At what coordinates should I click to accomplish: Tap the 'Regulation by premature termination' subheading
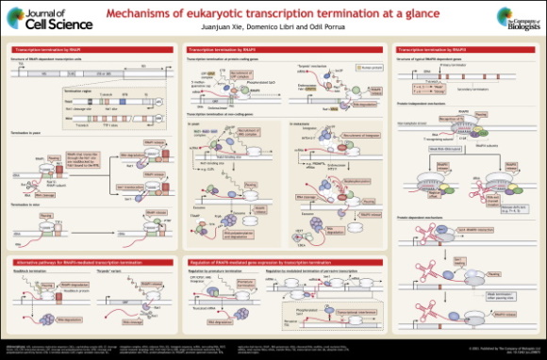pos(219,269)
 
